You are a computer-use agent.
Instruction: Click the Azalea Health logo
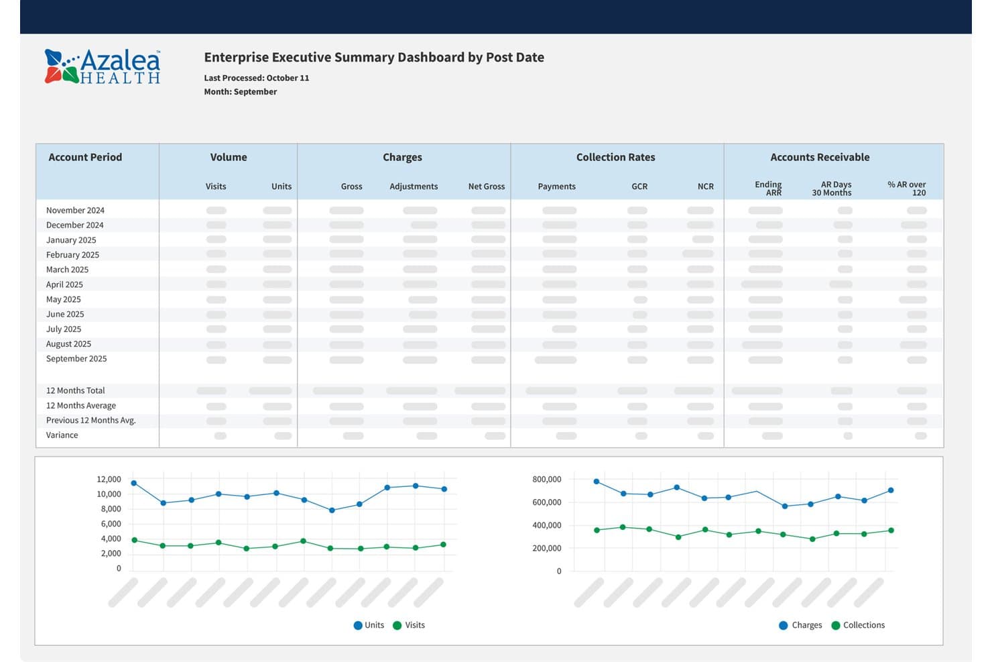pos(103,66)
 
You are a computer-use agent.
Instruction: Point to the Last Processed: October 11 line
pos(257,78)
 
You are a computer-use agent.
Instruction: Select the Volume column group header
pos(229,157)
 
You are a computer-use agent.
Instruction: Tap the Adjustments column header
pos(414,186)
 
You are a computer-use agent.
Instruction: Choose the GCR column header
pos(639,186)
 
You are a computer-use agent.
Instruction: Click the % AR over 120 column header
pos(906,188)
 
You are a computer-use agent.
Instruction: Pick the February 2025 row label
pos(72,255)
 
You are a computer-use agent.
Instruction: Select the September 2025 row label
pos(76,358)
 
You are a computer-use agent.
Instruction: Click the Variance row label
pos(62,435)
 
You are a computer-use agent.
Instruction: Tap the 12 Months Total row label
pos(75,390)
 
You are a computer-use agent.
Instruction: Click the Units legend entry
pos(369,625)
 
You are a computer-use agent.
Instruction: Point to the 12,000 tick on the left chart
pos(109,479)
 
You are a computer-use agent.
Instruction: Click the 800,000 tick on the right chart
pos(546,479)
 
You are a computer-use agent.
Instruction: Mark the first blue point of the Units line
pos(134,483)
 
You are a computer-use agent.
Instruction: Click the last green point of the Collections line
pos(891,531)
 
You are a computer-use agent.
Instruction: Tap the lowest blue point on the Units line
pos(332,510)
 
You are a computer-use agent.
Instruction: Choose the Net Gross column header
pos(486,186)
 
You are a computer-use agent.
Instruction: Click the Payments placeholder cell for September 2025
pos(556,360)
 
